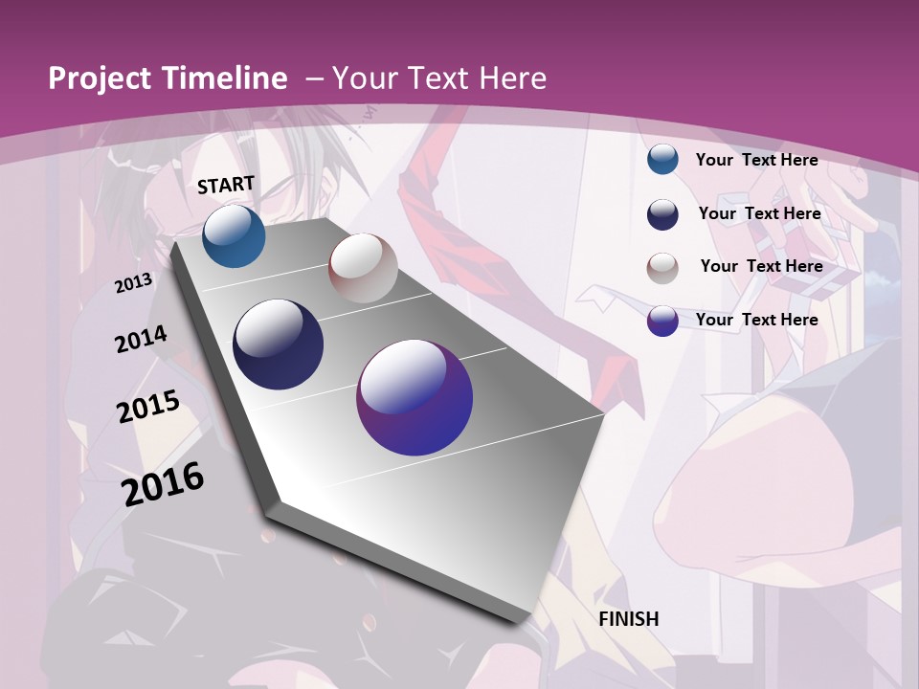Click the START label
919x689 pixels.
(226, 185)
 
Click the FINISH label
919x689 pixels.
(629, 619)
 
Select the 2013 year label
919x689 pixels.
(134, 282)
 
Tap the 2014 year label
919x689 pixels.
(141, 340)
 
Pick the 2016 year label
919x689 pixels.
(163, 483)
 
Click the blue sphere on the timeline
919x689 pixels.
(234, 236)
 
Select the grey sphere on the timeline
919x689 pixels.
(363, 268)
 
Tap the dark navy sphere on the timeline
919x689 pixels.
(278, 344)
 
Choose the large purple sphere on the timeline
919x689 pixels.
(415, 398)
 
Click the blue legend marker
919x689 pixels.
(662, 160)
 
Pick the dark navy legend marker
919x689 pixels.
(662, 214)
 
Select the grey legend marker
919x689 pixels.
(662, 267)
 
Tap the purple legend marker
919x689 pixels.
(662, 321)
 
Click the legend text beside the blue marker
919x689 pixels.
(756, 160)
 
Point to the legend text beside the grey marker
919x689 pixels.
(761, 266)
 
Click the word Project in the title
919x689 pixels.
(100, 79)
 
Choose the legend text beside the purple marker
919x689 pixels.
(756, 320)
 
